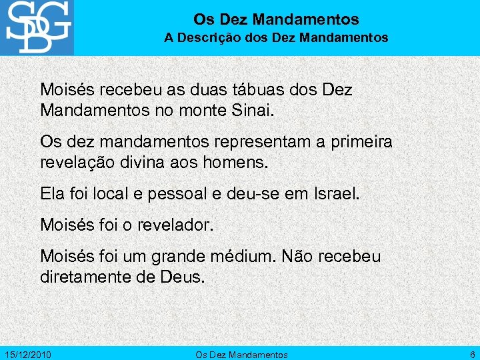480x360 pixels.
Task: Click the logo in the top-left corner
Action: click(37, 27)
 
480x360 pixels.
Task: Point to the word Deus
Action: click(180, 275)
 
